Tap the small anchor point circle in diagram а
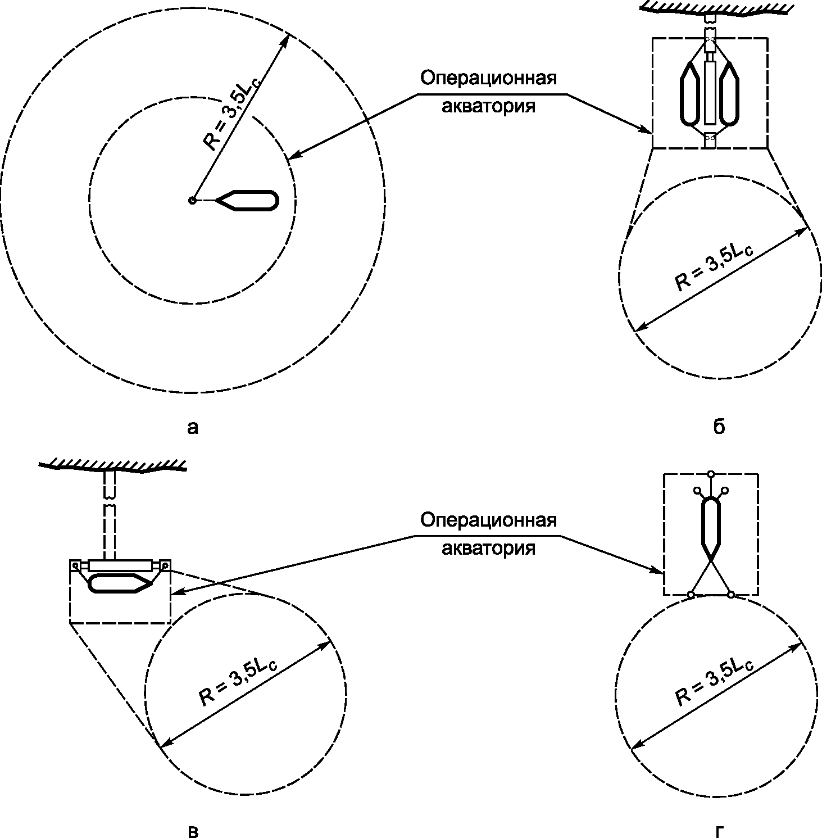coord(192,200)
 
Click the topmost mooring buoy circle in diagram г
coord(711,474)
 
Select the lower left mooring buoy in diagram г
coord(692,594)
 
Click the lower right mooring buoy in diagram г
coord(731,594)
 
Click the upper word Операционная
coord(489,78)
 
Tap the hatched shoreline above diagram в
coord(113,465)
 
